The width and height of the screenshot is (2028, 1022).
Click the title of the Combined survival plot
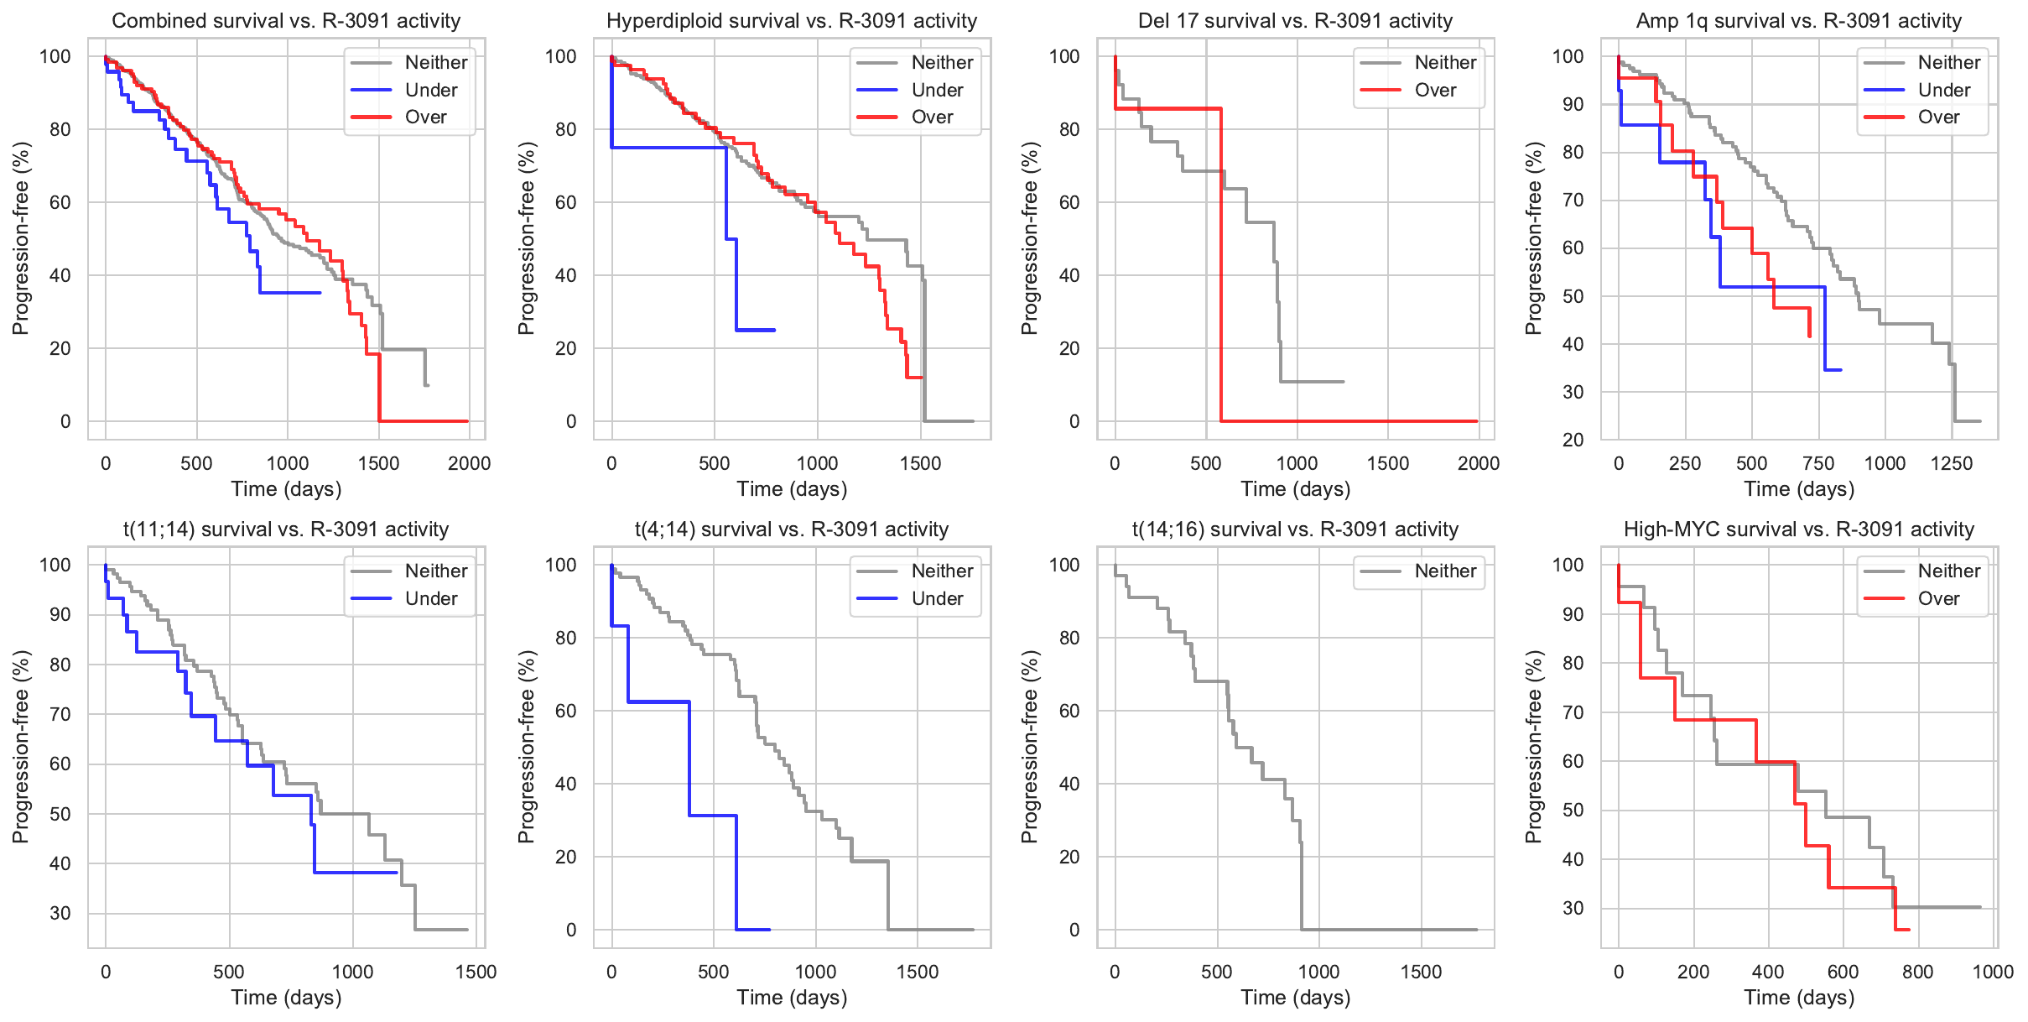pyautogui.click(x=286, y=20)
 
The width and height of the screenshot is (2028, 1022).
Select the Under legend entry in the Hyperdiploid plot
pyautogui.click(x=936, y=90)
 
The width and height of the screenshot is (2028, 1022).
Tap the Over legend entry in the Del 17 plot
pyautogui.click(x=1435, y=90)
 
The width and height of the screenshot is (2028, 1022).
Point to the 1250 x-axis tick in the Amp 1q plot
pyautogui.click(x=1951, y=463)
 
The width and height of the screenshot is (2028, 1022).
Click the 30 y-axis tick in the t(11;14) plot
pyautogui.click(x=60, y=913)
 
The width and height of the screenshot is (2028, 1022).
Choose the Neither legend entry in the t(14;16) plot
pyautogui.click(x=1444, y=571)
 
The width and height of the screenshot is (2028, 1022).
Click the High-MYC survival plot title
pyautogui.click(x=1798, y=529)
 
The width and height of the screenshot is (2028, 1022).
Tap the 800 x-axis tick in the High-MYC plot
pyautogui.click(x=1917, y=972)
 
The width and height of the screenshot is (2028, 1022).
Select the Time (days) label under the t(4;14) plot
pyautogui.click(x=792, y=998)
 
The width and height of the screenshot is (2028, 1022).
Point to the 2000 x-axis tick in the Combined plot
pyautogui.click(x=469, y=463)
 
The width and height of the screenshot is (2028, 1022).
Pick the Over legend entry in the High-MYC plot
pyautogui.click(x=1938, y=598)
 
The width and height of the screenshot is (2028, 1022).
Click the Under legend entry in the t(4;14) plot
pyautogui.click(x=936, y=598)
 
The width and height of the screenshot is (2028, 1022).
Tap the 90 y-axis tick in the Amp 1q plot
pyautogui.click(x=1568, y=104)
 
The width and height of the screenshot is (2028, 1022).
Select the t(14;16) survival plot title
pyautogui.click(x=1295, y=529)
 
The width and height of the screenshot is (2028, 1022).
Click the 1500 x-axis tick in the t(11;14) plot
pyautogui.click(x=476, y=972)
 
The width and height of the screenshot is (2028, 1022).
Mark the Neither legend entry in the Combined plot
pyautogui.click(x=435, y=62)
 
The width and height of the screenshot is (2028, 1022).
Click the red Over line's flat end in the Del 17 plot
pyautogui.click(x=1475, y=420)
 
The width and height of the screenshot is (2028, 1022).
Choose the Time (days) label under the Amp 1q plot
pyautogui.click(x=1798, y=489)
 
